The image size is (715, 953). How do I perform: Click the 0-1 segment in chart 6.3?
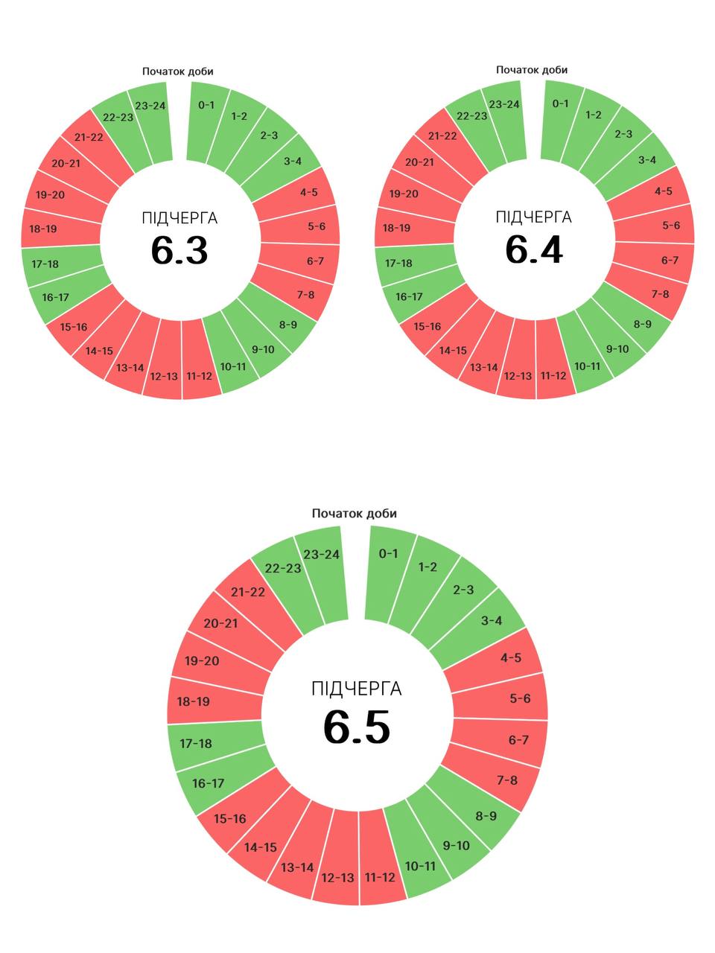point(206,106)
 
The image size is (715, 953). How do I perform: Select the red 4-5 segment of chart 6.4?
point(663,191)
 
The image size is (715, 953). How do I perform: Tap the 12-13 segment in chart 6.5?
point(337,877)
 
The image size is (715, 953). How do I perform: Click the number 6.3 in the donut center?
point(179,250)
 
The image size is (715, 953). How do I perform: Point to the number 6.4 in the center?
point(534,249)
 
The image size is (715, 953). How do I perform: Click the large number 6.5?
point(357,727)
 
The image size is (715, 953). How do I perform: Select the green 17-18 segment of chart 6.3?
point(45,264)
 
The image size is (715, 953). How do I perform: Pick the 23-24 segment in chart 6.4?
point(504,104)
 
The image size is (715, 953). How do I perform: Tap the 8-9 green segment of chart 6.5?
point(486,816)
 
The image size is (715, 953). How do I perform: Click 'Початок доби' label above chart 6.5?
point(355,514)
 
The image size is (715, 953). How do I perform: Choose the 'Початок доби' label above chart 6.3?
point(178,71)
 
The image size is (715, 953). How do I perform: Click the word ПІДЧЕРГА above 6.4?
point(534,217)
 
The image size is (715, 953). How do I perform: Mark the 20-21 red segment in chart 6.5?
point(220,623)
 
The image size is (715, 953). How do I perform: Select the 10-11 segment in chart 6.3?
point(233,366)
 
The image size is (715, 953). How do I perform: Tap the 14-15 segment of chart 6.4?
point(453,351)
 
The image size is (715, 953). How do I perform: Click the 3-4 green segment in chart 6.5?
point(492,621)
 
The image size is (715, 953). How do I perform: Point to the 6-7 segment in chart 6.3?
point(315,261)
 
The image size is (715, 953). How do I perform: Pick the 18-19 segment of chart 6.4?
point(397,228)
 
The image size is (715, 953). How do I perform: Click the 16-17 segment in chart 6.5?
point(208,783)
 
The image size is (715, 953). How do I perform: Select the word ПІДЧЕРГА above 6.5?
point(357,689)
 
